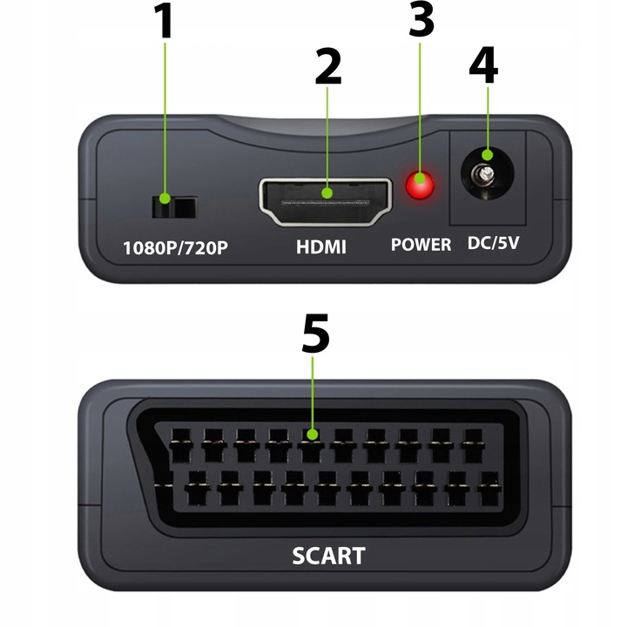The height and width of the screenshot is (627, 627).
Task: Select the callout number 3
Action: pyautogui.click(x=421, y=19)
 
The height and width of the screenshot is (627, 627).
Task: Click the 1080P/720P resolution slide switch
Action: pyautogui.click(x=173, y=206)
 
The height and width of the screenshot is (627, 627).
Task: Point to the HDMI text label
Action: pyautogui.click(x=320, y=246)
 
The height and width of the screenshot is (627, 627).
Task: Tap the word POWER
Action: pyautogui.click(x=421, y=245)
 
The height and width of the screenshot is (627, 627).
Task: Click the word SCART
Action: pyautogui.click(x=327, y=555)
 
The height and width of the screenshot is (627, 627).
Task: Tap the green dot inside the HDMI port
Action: pyautogui.click(x=327, y=193)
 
